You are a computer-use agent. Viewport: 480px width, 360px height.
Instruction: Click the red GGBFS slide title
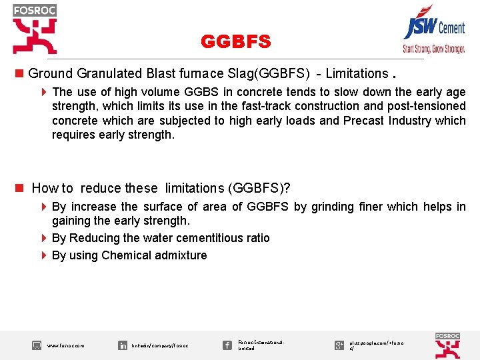click(236, 42)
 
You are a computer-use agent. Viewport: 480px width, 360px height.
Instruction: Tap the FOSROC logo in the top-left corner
click(35, 29)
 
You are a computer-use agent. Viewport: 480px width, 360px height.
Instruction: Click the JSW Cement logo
click(434, 27)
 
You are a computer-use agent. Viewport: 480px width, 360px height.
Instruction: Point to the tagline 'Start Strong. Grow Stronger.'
click(433, 49)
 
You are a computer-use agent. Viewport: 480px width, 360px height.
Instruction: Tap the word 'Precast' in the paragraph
click(363, 121)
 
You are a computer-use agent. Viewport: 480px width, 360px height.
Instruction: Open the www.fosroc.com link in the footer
click(65, 345)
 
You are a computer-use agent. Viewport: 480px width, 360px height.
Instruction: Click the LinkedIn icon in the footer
click(123, 345)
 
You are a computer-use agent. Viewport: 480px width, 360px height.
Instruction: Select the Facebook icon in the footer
click(227, 345)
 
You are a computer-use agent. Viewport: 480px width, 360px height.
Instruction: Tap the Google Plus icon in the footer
click(339, 345)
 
